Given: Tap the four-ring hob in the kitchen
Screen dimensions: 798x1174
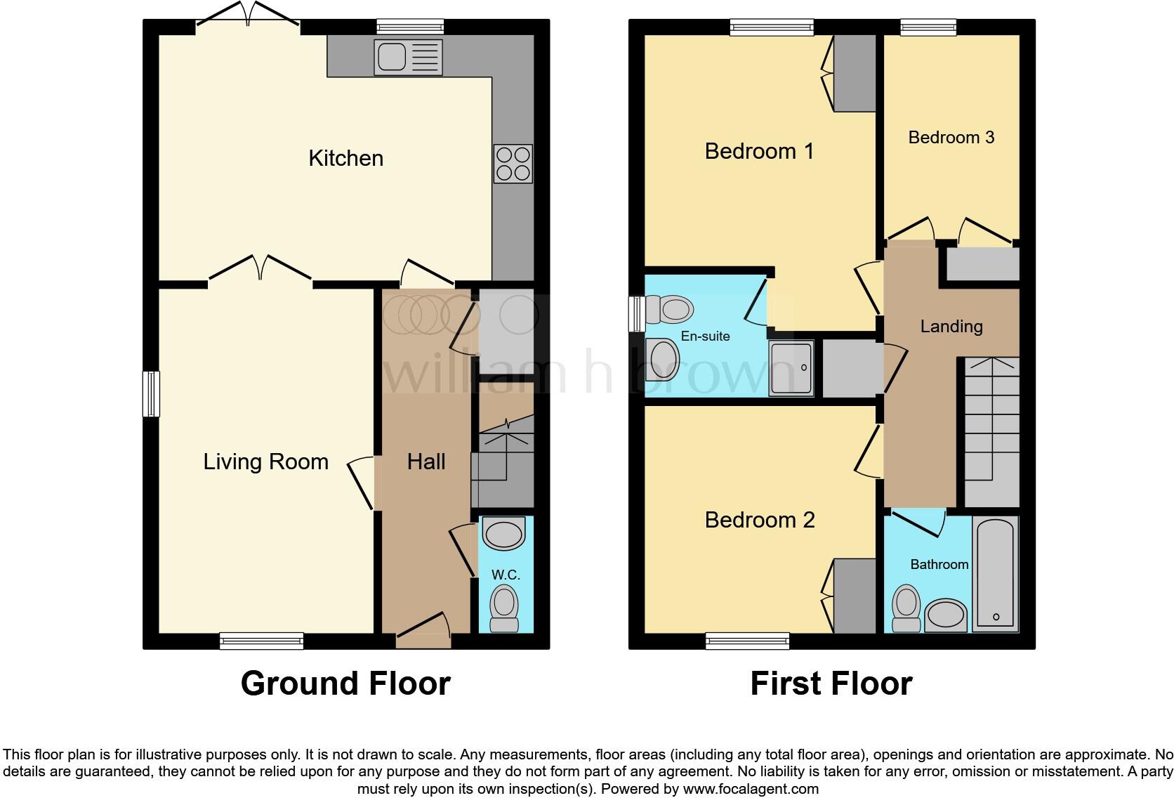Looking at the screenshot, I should tap(513, 164).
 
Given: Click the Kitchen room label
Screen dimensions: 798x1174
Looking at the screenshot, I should tap(345, 158).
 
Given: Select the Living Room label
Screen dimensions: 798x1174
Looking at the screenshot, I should tap(265, 462).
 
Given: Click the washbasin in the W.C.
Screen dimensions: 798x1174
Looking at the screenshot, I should tap(504, 535).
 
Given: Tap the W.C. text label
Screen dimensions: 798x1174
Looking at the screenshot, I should tap(506, 575).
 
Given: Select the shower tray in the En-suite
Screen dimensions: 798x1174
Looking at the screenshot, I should tap(791, 367).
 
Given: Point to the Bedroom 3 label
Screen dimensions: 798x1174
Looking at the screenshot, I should tap(951, 137).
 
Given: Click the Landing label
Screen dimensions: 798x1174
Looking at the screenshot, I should tap(951, 326).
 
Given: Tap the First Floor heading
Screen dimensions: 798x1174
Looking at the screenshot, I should tap(831, 683).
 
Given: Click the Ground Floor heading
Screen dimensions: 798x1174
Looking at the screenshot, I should tap(345, 683).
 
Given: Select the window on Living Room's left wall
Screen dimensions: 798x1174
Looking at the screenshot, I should tap(151, 393).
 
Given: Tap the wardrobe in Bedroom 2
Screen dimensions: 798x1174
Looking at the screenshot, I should tap(855, 596).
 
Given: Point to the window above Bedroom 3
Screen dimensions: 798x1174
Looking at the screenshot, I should tap(928, 27).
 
